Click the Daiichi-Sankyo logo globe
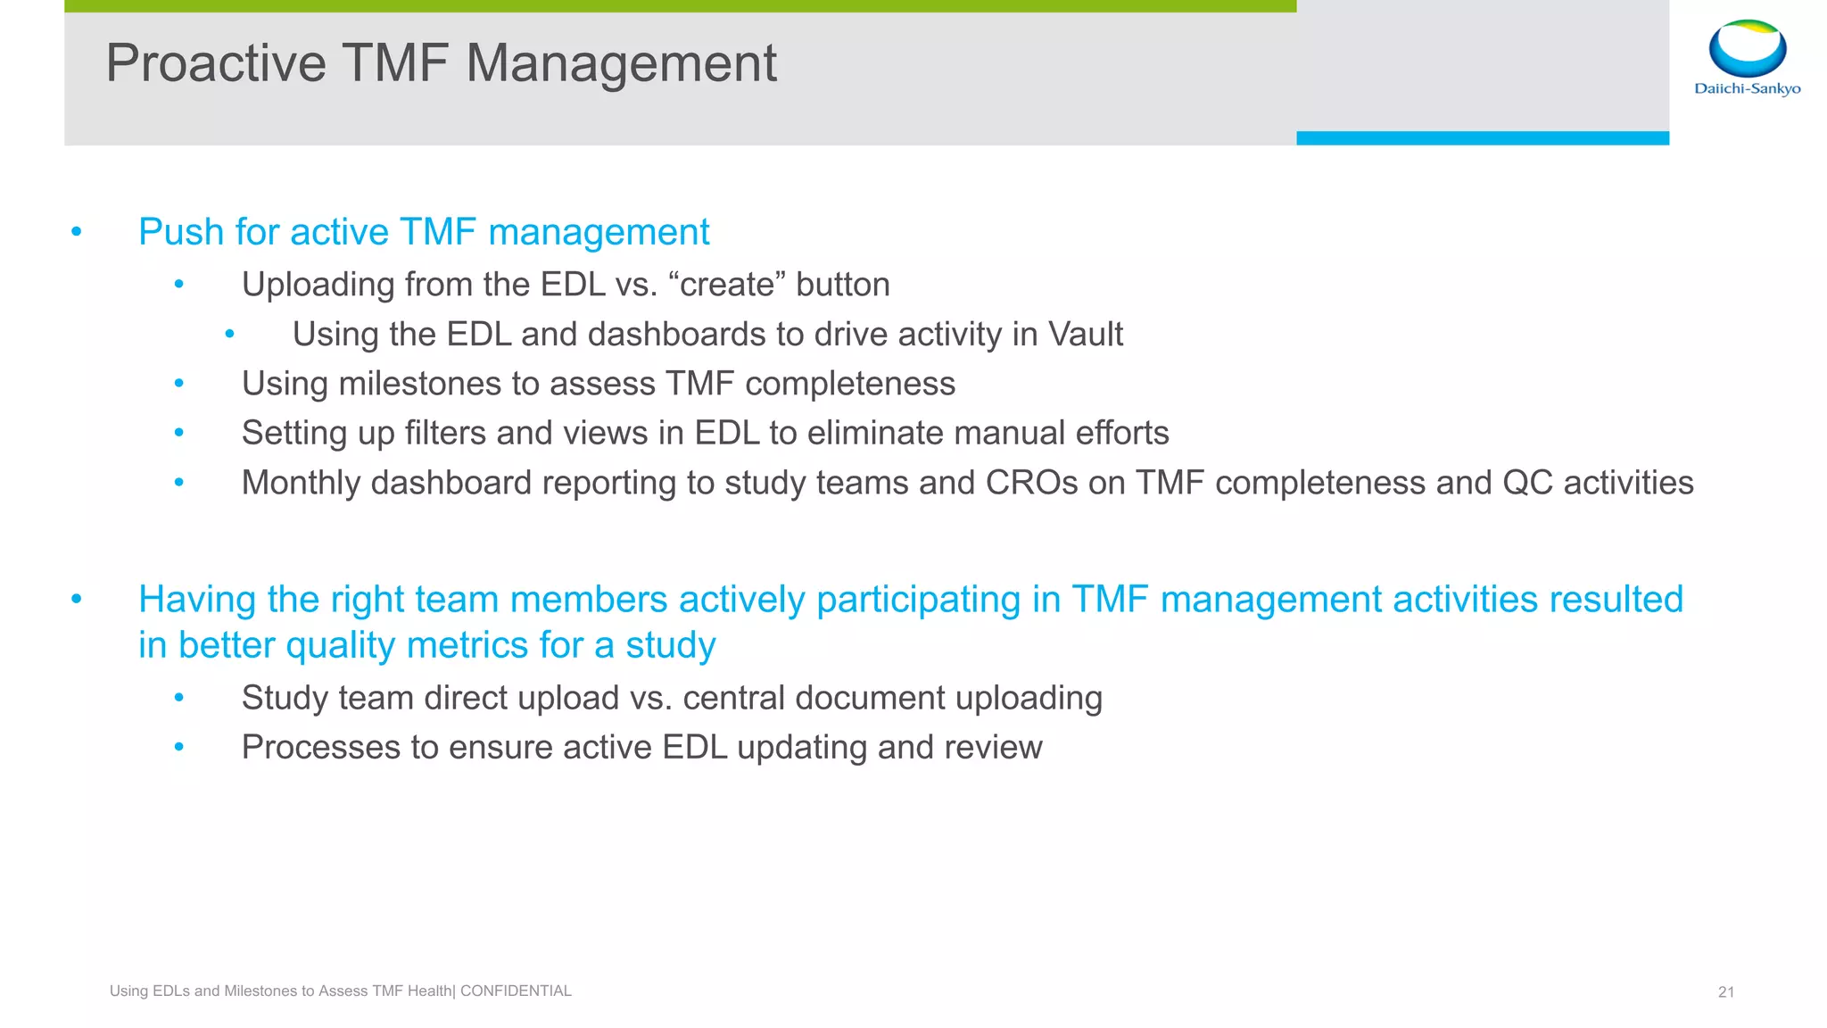tap(1747, 48)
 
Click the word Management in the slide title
tap(621, 64)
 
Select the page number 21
tap(1725, 992)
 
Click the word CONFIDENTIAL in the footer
tap(516, 991)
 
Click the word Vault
tap(1085, 335)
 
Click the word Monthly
tap(301, 483)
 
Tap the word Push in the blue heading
tap(181, 233)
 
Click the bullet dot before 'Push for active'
tap(77, 233)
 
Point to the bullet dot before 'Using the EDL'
tap(229, 335)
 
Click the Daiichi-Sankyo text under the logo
tap(1747, 88)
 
